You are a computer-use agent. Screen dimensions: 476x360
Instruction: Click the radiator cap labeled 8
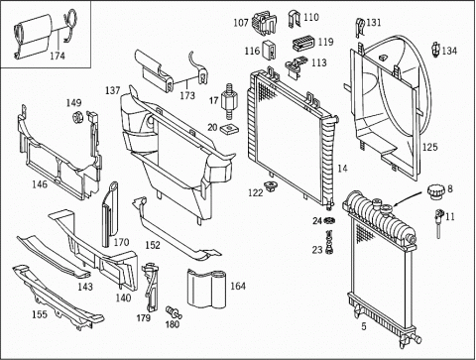(435, 192)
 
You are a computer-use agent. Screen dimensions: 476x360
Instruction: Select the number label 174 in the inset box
(58, 56)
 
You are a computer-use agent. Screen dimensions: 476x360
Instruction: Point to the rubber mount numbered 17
(228, 100)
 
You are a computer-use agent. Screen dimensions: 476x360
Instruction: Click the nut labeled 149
(77, 117)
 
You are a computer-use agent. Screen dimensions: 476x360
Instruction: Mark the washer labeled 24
(329, 220)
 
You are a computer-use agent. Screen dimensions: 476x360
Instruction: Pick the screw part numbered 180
(173, 312)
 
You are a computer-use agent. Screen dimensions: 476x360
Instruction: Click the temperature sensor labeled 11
(438, 223)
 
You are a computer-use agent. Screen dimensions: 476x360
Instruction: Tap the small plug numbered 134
(436, 49)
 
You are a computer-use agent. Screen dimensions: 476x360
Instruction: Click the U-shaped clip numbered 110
(294, 19)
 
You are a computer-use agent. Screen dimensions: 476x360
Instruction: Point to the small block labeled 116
(269, 50)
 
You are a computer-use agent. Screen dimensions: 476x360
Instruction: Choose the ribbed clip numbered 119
(303, 43)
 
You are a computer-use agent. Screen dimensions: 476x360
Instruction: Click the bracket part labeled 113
(296, 66)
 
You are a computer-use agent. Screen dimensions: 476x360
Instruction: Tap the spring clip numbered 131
(360, 28)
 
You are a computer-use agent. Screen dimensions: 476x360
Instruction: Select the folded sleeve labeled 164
(206, 288)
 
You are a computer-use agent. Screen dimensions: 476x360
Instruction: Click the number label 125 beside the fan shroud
(429, 147)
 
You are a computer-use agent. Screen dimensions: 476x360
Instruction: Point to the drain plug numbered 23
(329, 242)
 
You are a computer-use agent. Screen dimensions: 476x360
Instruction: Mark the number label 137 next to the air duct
(113, 90)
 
